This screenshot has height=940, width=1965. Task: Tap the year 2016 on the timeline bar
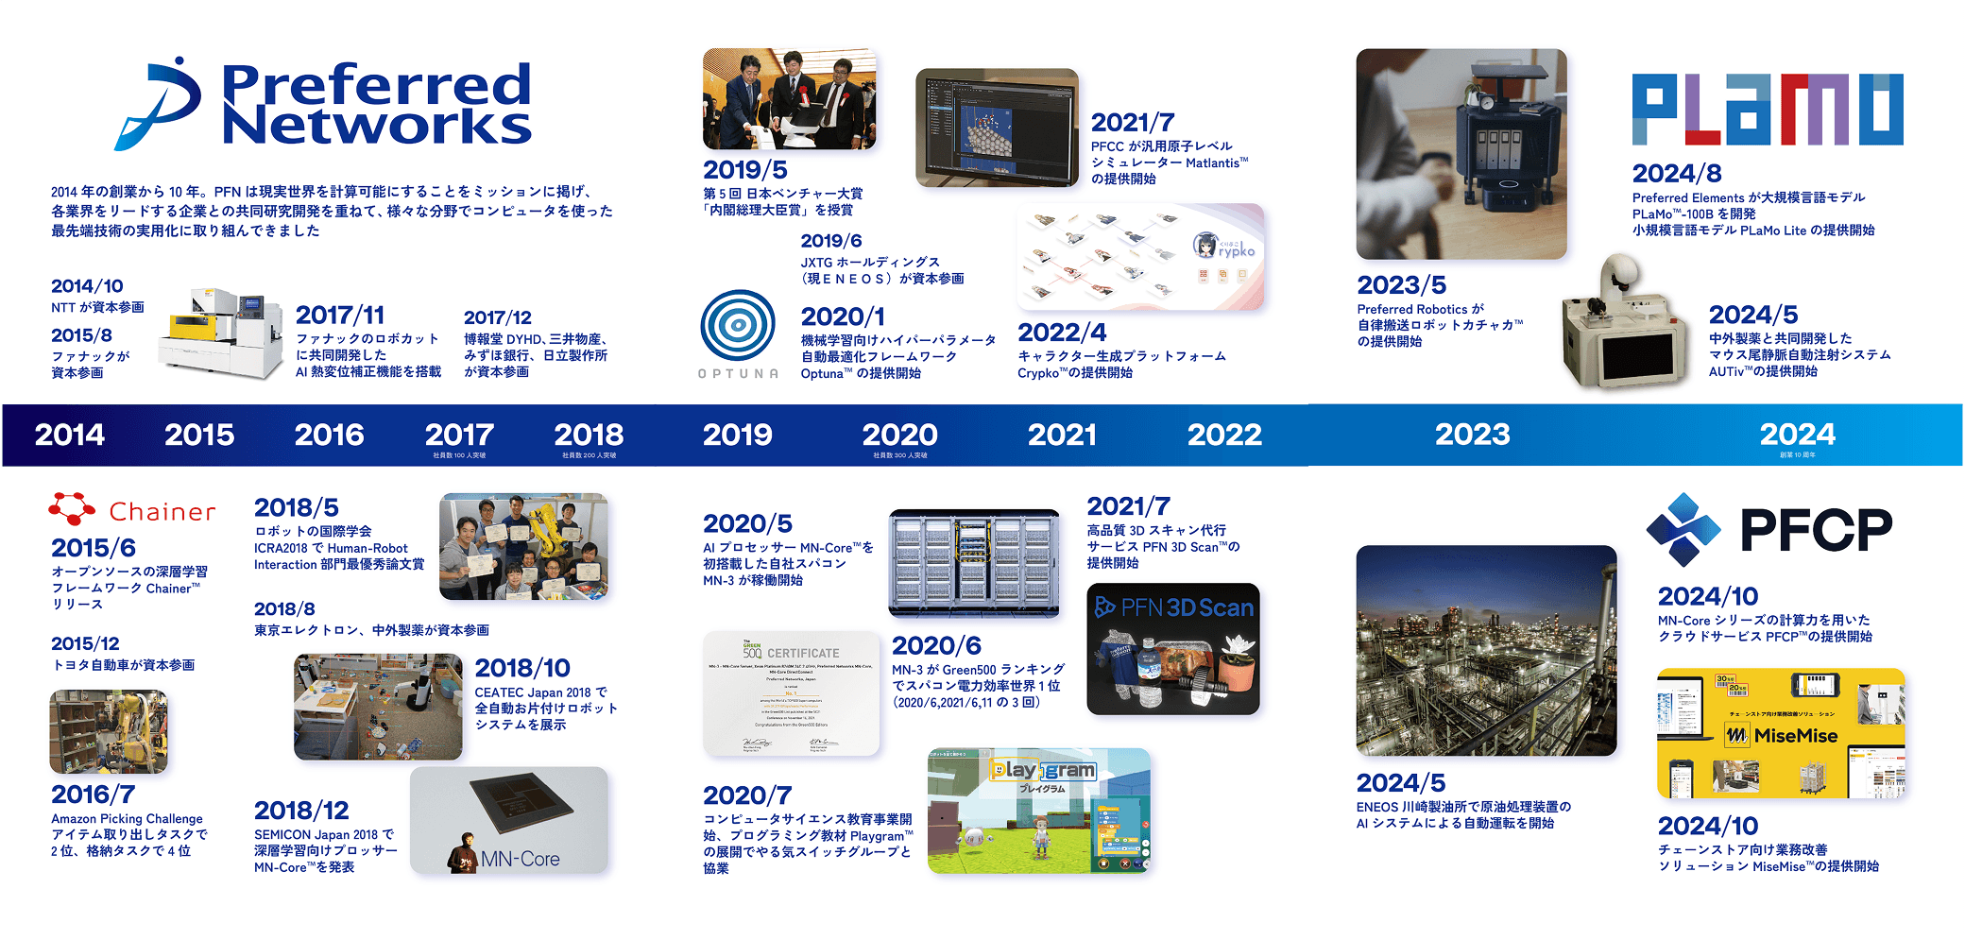click(329, 435)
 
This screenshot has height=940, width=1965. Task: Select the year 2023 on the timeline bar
click(1472, 435)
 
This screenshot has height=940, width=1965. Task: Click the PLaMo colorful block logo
click(1767, 110)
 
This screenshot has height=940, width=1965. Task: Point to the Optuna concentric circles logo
click(738, 325)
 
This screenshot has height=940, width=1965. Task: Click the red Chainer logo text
click(162, 512)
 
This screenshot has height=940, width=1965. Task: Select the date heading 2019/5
click(744, 170)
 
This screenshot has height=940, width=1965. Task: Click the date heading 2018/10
click(522, 668)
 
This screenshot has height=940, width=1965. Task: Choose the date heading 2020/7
click(746, 795)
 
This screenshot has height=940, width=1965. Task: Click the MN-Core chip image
click(509, 820)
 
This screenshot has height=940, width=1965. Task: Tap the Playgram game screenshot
click(1038, 811)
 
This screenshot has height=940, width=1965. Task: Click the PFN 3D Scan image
click(1172, 649)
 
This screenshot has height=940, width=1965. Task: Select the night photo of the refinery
click(1486, 650)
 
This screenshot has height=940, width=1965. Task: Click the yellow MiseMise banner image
click(1781, 733)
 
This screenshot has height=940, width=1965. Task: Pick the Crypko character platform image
click(1140, 257)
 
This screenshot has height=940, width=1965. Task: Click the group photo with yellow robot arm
click(523, 546)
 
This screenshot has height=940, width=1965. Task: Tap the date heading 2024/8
click(1676, 174)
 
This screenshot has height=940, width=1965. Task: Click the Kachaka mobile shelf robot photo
click(1461, 154)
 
